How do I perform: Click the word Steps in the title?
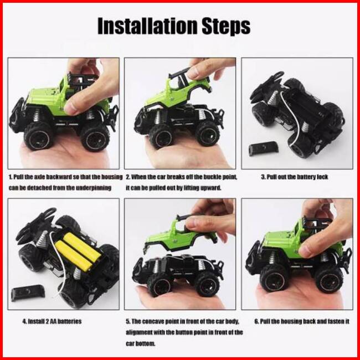coord(226,27)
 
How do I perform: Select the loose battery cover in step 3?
coord(264,149)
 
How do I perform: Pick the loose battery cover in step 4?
coord(28,292)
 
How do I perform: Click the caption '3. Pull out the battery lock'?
coord(295,177)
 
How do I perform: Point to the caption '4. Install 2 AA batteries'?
coord(52,321)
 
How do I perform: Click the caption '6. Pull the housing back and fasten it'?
coord(302,321)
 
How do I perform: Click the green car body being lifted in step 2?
coord(178,91)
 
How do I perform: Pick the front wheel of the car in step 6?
coord(274,279)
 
